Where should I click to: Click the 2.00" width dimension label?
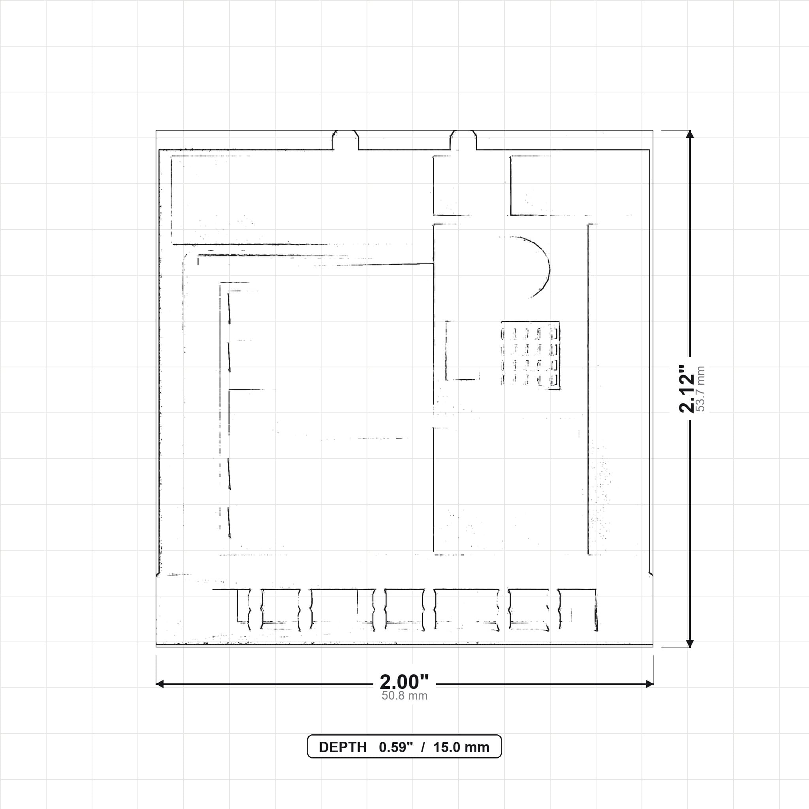pos(404,682)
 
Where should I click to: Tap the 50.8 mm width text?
pos(404,696)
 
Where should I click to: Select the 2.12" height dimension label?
pos(687,389)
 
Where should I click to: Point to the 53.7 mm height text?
pos(700,389)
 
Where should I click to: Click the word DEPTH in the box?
pos(342,747)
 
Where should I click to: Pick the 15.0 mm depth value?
pos(461,747)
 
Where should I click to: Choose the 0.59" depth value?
pos(396,747)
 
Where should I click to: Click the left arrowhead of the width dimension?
pos(160,684)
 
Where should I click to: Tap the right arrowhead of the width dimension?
pos(649,684)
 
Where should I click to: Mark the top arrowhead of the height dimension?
pos(690,134)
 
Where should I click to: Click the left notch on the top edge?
pos(346,140)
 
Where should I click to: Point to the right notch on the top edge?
pos(463,140)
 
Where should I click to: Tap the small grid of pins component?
pos(531,356)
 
